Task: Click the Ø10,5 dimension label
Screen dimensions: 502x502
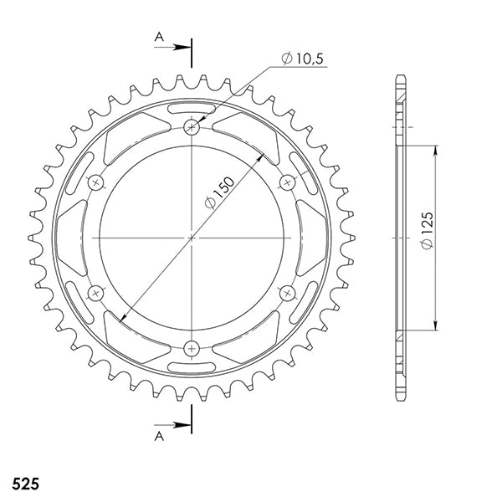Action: (x=303, y=59)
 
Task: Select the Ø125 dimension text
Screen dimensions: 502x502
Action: (x=427, y=230)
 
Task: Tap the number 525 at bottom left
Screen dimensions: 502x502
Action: (x=26, y=484)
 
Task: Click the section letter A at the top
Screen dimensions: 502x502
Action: (x=159, y=37)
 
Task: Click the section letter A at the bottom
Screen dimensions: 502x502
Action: (x=159, y=436)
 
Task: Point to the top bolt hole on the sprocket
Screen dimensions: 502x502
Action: (x=192, y=127)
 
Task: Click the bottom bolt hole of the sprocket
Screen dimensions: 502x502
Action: (x=192, y=348)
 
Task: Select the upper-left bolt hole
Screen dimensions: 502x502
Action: (x=95, y=182)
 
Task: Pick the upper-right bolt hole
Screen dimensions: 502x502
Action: (x=287, y=182)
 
